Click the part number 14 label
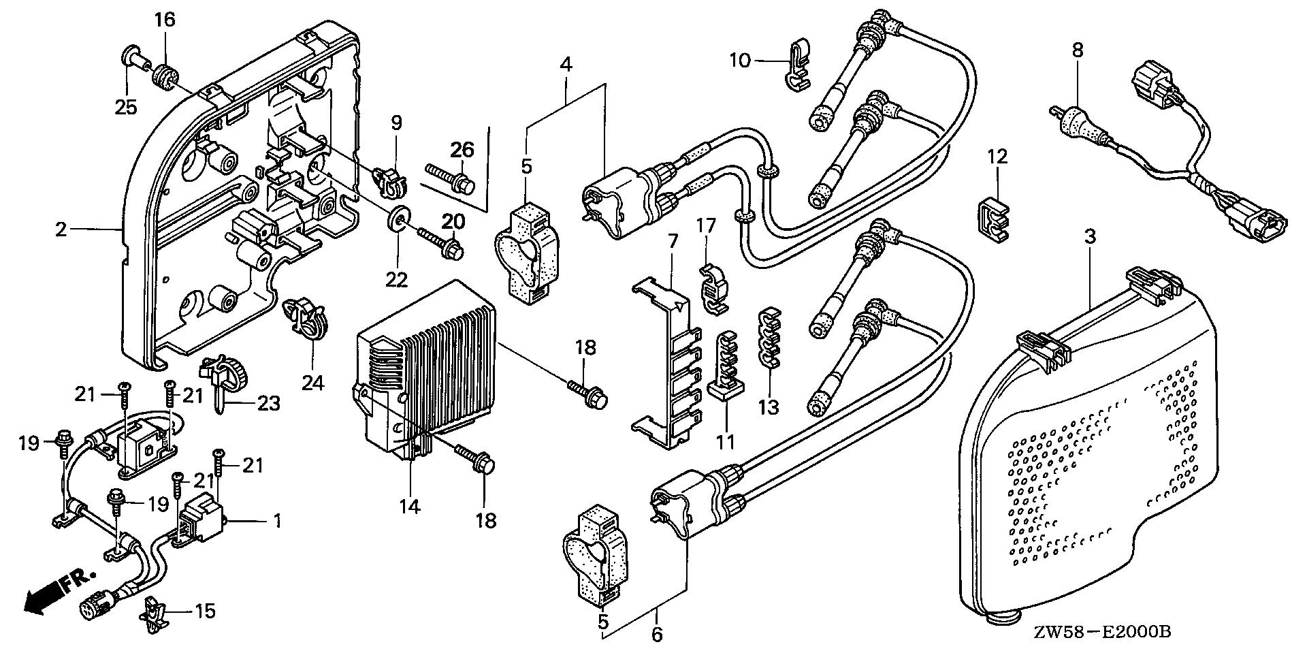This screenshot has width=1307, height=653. tap(410, 506)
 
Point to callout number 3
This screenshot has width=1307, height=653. tap(1090, 238)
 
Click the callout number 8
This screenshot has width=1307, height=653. tap(1077, 50)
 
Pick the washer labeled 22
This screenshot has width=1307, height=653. tap(396, 219)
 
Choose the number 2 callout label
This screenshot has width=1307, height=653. tap(61, 229)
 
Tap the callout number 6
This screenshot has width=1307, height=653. tap(657, 635)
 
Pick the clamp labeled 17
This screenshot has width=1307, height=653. tap(709, 286)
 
